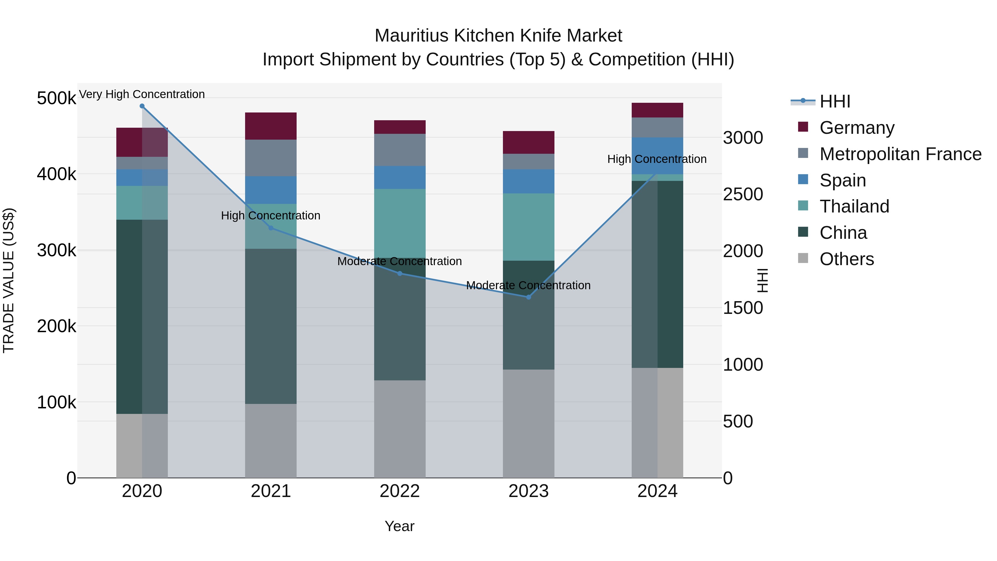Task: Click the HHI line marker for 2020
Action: point(142,106)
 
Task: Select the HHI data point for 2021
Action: point(271,228)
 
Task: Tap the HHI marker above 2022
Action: point(400,273)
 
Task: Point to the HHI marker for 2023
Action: point(529,297)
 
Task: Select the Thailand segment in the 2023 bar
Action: point(529,227)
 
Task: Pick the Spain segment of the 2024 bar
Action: point(657,156)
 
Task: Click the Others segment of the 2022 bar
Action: point(400,429)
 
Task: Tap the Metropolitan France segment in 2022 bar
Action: point(400,150)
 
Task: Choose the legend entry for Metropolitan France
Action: point(900,154)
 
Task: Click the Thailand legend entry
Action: point(854,206)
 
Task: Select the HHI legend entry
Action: point(834,101)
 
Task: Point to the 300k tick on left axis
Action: point(56,250)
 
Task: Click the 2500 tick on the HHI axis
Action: point(743,194)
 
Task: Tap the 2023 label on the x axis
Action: point(528,491)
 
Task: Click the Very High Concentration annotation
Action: point(142,94)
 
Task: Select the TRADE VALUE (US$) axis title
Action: point(9,280)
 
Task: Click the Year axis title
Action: point(399,526)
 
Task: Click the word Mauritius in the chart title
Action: point(412,36)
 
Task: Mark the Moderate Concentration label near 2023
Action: point(528,285)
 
